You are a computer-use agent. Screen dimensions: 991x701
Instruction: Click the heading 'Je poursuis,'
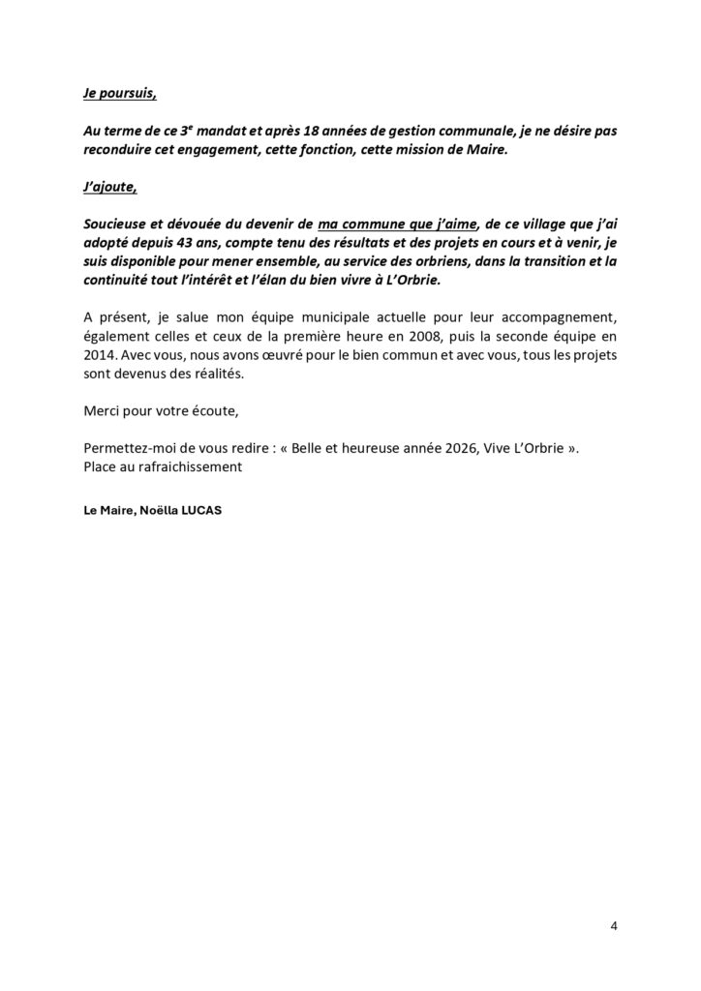point(119,95)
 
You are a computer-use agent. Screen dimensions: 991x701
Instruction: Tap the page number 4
point(614,925)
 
